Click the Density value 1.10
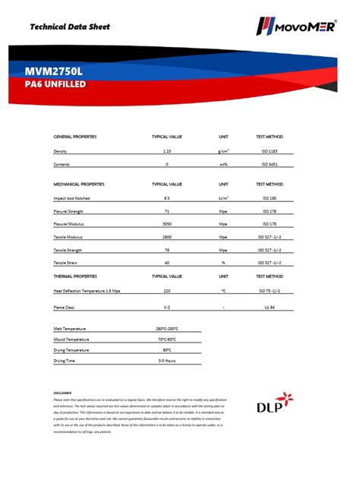(167, 151)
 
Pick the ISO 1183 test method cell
(270, 151)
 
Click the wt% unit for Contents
(223, 164)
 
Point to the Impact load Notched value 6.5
(167, 197)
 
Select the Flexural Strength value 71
(167, 211)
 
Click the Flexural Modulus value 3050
(167, 224)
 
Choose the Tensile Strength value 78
(167, 250)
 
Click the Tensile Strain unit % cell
(223, 263)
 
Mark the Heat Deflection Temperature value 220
(167, 291)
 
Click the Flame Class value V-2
(167, 308)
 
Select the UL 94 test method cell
(270, 308)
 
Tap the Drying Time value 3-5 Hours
(167, 361)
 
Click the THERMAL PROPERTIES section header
(75, 276)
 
